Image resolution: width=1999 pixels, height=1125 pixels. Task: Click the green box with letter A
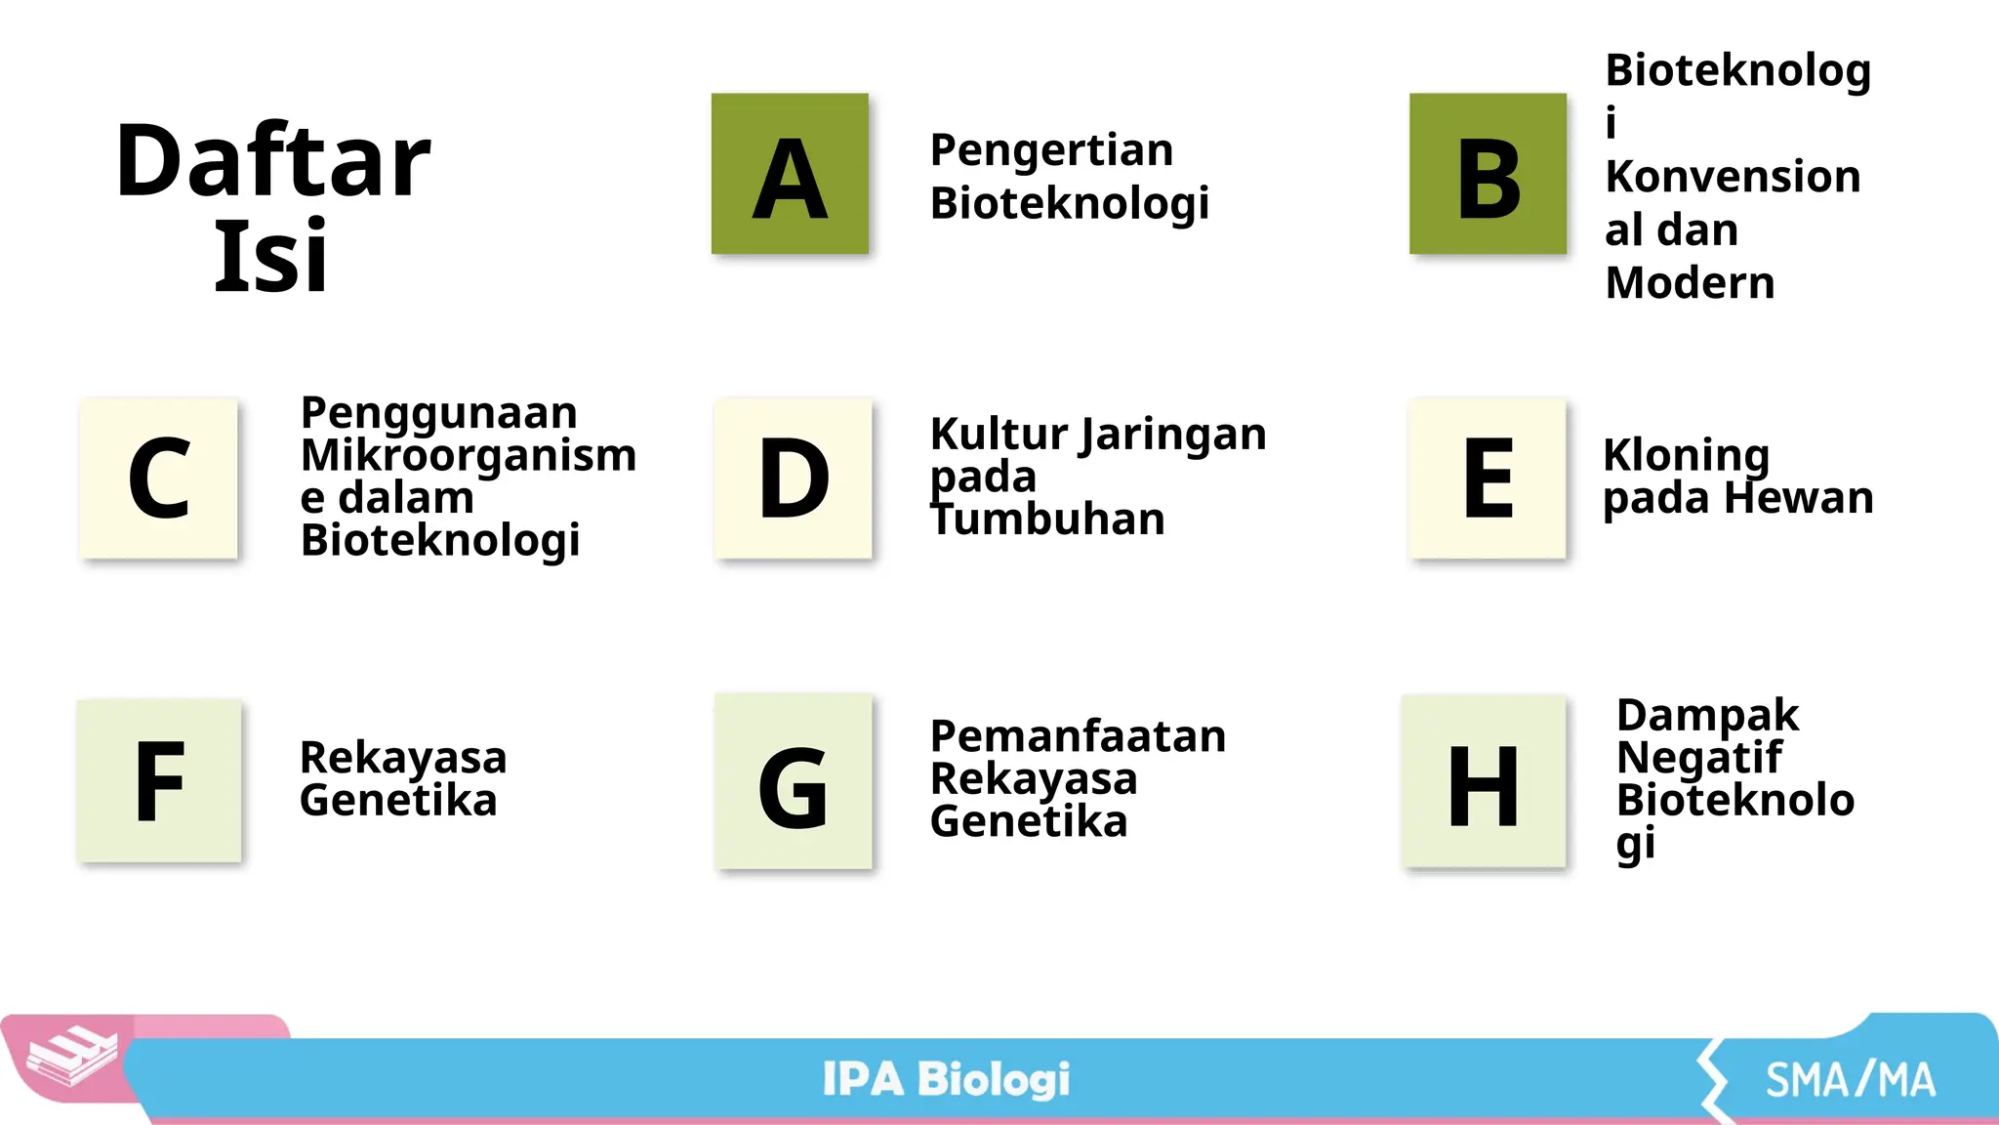[x=790, y=174]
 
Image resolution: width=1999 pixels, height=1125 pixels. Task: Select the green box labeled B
[x=1488, y=174]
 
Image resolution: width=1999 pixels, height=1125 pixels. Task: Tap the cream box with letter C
[x=159, y=479]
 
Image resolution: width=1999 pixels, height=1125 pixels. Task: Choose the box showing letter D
[x=793, y=479]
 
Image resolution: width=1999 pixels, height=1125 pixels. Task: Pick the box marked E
[x=1488, y=479]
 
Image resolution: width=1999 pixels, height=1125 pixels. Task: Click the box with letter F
[x=159, y=781]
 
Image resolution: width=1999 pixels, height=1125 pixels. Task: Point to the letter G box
[x=793, y=782]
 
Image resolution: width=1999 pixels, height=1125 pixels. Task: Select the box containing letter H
[x=1484, y=782]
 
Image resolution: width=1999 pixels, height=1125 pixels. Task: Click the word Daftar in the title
[x=272, y=161]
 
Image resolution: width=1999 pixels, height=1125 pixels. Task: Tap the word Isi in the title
[x=270, y=256]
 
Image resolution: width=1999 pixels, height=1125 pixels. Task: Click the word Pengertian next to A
[x=1051, y=150]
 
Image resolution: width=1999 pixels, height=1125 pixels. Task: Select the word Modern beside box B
[x=1690, y=283]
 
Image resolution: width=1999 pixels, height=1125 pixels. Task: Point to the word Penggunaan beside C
[x=438, y=413]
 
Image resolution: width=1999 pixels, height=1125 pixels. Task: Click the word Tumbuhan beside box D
[x=1047, y=519]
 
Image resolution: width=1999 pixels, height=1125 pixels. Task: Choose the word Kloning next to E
[x=1686, y=455]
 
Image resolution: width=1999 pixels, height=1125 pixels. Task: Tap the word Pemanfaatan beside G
[x=1078, y=736]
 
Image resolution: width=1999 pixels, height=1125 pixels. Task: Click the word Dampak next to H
[x=1707, y=715]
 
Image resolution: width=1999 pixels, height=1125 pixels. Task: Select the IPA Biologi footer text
[x=946, y=1079]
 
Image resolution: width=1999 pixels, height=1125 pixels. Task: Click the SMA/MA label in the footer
[x=1850, y=1080]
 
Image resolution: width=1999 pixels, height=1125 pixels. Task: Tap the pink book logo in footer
[x=70, y=1057]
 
